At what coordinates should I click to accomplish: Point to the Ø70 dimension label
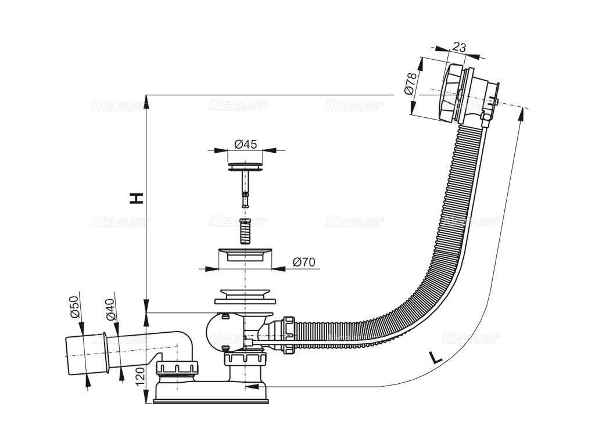(x=303, y=262)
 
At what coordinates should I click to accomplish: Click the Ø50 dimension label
(x=74, y=306)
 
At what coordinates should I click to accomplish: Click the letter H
(x=136, y=198)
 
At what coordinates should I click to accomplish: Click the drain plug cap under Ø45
(x=245, y=167)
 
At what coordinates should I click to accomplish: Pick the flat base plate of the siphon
(x=210, y=400)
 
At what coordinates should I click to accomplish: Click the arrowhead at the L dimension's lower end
(x=250, y=386)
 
